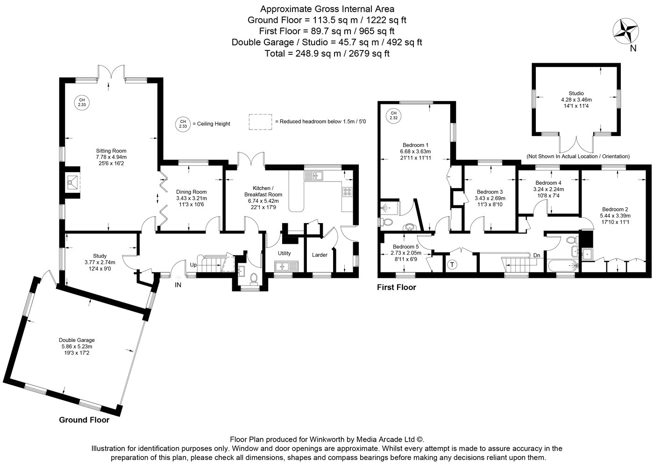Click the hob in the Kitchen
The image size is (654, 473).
coord(348,192)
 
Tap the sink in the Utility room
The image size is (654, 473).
coord(286,266)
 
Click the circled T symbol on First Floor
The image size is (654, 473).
coord(452,265)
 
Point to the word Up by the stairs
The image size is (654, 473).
coord(193,265)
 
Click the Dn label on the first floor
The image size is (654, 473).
coord(537,255)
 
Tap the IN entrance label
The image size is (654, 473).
coord(178,285)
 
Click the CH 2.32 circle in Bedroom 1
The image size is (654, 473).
coord(393,116)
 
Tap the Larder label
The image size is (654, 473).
coord(320,255)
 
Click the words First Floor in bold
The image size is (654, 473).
coord(396,287)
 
